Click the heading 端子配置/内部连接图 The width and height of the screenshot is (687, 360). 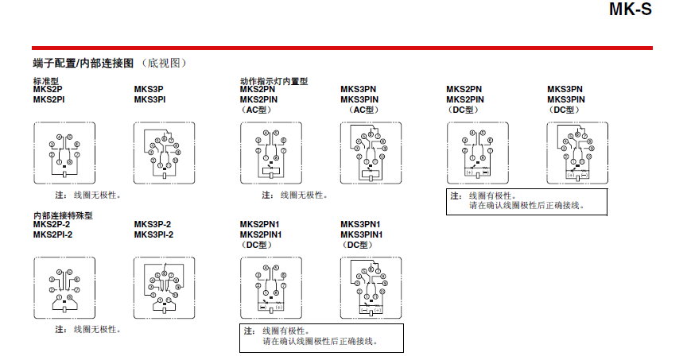pyautogui.click(x=83, y=63)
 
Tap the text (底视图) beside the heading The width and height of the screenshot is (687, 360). pyautogui.click(x=166, y=63)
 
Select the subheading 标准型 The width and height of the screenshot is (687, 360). pyautogui.click(x=45, y=81)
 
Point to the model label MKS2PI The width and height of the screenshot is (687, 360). pyautogui.click(x=49, y=99)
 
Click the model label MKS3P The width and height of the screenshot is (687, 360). pyautogui.click(x=149, y=90)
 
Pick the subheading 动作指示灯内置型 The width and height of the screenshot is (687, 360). pyautogui.click(x=274, y=81)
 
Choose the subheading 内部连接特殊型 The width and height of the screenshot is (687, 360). pyautogui.click(x=63, y=215)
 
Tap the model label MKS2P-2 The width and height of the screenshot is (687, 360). pyautogui.click(x=52, y=224)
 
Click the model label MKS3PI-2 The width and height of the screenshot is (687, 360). pyautogui.click(x=153, y=234)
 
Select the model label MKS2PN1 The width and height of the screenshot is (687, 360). pyautogui.click(x=260, y=224)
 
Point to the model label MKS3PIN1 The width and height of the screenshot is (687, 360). pyautogui.click(x=362, y=234)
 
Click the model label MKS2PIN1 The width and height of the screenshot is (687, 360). pyautogui.click(x=262, y=234)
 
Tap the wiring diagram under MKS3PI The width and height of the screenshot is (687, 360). pyautogui.click(x=165, y=150)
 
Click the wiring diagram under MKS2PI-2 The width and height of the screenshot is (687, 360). pyautogui.click(x=64, y=286)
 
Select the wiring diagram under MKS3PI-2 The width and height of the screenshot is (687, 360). pyautogui.click(x=165, y=286)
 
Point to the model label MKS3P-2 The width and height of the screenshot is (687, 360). pyautogui.click(x=153, y=224)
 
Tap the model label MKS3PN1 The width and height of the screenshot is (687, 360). pyautogui.click(x=360, y=224)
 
